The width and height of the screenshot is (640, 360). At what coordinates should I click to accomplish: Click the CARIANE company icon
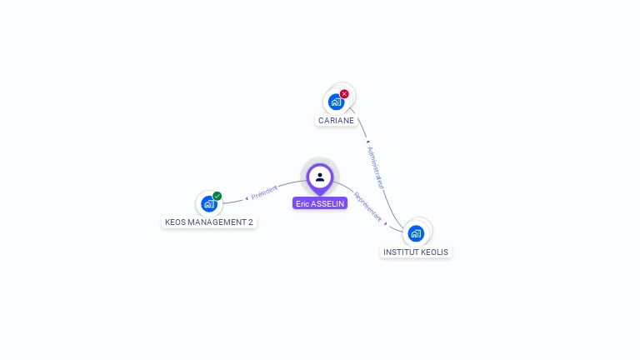[x=336, y=102]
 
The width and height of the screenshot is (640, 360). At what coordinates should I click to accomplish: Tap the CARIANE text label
[x=336, y=120]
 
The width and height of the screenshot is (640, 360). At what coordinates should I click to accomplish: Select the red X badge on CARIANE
[x=344, y=94]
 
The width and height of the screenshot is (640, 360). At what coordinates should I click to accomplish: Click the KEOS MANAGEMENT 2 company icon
[x=209, y=203]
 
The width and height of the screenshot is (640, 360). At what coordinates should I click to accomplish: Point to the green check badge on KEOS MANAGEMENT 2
[x=217, y=196]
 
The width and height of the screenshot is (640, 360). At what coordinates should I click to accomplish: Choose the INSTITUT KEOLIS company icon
[x=416, y=233]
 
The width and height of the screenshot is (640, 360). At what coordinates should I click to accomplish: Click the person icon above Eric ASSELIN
[x=320, y=177]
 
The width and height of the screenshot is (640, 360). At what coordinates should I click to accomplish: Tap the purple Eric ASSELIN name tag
[x=320, y=203]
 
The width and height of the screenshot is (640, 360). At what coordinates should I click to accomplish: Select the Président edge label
[x=264, y=192]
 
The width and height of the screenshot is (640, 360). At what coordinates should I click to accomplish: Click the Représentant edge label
[x=367, y=207]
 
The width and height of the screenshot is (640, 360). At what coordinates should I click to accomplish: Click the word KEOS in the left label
[x=176, y=222]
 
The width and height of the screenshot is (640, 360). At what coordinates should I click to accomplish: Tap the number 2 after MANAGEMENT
[x=250, y=222]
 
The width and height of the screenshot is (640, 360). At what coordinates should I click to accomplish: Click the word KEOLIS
[x=435, y=252]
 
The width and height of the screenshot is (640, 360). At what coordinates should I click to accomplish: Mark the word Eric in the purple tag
[x=302, y=203]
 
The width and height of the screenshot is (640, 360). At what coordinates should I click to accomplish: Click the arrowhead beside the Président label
[x=247, y=197]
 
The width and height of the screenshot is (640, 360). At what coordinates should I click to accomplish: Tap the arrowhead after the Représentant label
[x=386, y=222]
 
